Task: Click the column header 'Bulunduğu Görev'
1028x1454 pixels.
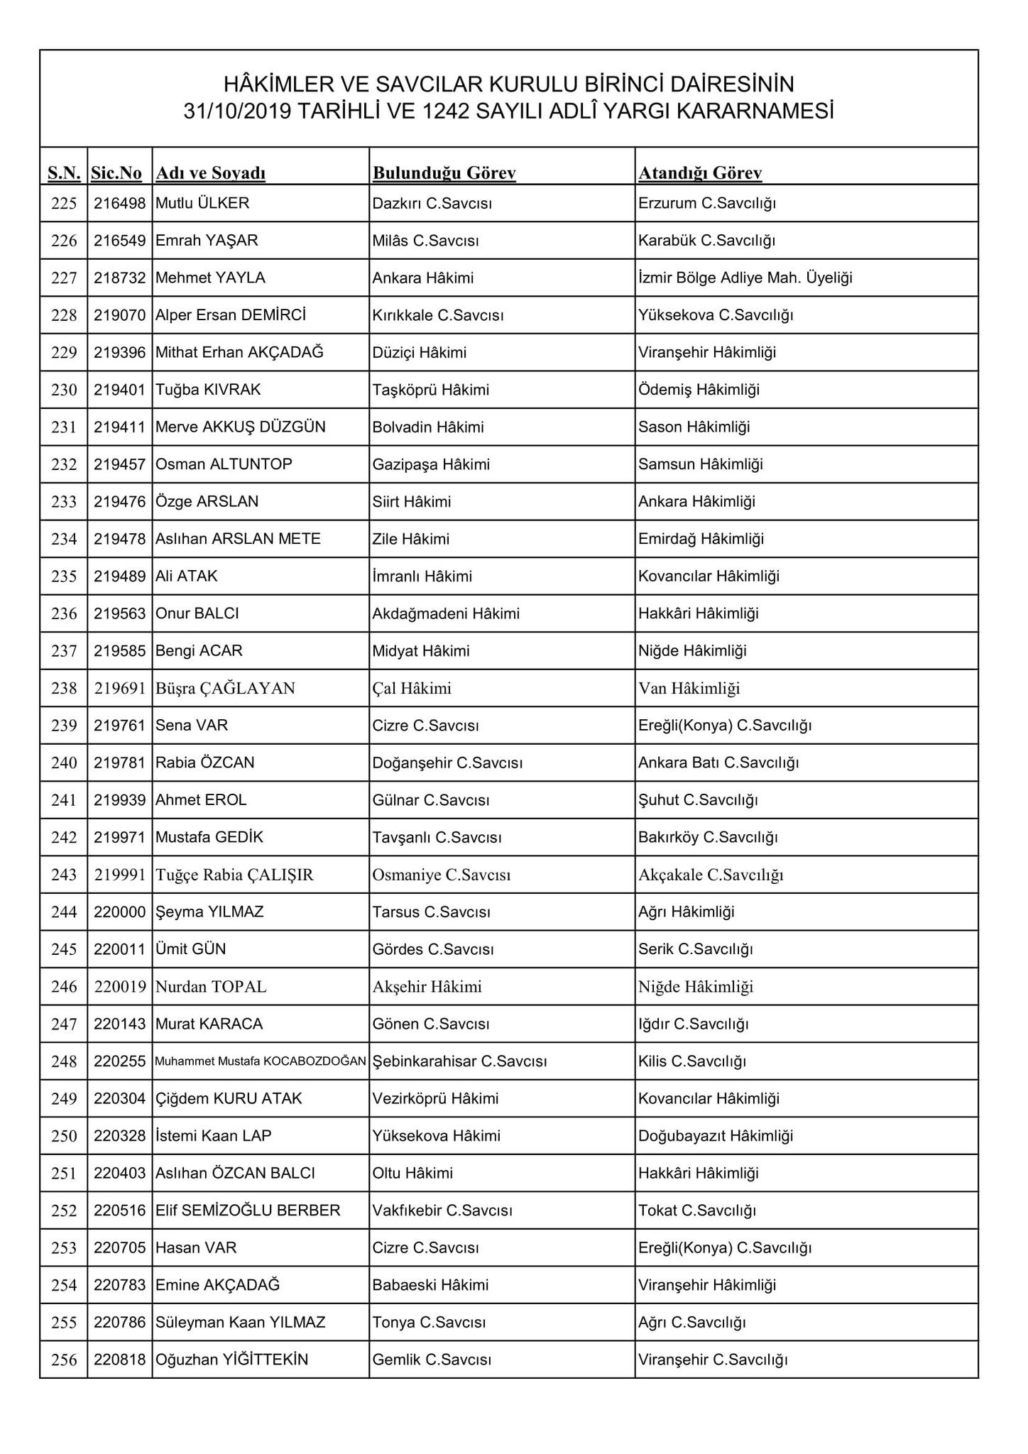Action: click(444, 173)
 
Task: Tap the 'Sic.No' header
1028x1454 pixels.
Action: click(116, 173)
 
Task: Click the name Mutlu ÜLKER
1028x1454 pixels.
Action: click(202, 204)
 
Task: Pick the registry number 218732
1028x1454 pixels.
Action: click(119, 278)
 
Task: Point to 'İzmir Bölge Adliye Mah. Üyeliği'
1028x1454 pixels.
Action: click(745, 278)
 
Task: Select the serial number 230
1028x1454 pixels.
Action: click(64, 390)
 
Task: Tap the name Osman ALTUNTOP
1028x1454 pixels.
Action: click(224, 464)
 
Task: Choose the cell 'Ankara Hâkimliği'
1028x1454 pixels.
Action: click(696, 502)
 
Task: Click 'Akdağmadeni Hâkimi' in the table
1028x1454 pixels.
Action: click(446, 613)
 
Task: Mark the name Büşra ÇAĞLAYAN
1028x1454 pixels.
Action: click(225, 689)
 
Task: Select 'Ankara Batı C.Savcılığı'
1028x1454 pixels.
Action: click(718, 763)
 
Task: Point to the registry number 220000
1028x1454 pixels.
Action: click(119, 912)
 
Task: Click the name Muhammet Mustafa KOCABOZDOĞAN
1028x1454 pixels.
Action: click(261, 1062)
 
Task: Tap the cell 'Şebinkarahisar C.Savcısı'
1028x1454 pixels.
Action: click(459, 1061)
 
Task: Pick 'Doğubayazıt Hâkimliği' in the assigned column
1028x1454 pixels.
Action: click(715, 1136)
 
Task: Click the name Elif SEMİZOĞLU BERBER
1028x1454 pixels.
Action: click(248, 1210)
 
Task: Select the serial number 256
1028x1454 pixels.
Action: click(64, 1360)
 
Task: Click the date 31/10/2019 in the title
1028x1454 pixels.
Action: click(237, 111)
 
